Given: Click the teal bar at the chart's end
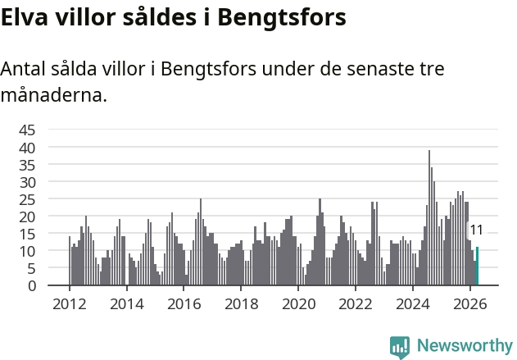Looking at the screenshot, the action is [x=477, y=266].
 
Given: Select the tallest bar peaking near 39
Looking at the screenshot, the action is [x=429, y=218].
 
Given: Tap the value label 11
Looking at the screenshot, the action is [x=476, y=230].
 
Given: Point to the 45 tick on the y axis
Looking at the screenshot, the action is [x=27, y=130].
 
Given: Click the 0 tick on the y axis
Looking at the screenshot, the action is [x=32, y=285].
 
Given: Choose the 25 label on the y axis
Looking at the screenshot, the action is [x=27, y=199].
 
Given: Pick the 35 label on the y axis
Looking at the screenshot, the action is [x=27, y=165].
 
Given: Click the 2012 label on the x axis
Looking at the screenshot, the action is [x=70, y=304].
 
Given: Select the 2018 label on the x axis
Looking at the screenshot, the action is [x=242, y=304].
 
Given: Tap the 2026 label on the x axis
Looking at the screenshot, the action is [x=469, y=304].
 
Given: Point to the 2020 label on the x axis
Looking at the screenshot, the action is [x=299, y=304].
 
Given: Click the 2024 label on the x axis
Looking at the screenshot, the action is [x=412, y=304].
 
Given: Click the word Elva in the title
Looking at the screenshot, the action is [x=25, y=17].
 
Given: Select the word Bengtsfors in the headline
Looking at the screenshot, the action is [x=282, y=18].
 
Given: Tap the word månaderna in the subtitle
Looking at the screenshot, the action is [x=54, y=95].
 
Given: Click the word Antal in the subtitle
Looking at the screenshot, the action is [x=23, y=69].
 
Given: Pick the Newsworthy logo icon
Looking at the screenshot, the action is [x=400, y=348].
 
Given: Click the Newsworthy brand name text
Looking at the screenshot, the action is [x=465, y=345].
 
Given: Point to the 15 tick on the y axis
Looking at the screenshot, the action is [x=27, y=235].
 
